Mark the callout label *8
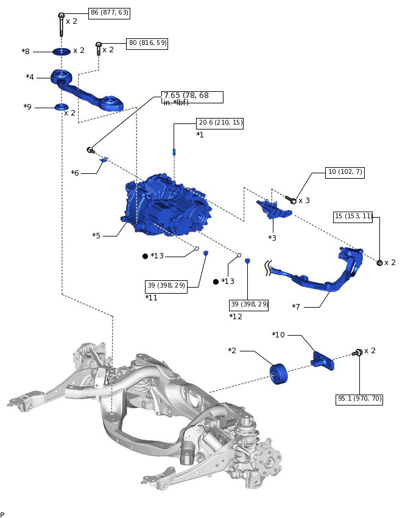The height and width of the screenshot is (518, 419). point(26,52)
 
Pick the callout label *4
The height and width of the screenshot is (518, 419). point(30,77)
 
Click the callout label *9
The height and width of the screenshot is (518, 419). point(27,107)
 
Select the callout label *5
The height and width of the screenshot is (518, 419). point(96,235)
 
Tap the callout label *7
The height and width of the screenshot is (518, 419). point(296,306)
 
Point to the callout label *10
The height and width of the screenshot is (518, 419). point(278,334)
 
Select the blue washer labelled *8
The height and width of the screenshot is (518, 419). point(62,52)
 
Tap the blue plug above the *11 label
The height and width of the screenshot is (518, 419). point(206,253)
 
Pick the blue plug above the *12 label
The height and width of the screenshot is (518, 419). point(248,261)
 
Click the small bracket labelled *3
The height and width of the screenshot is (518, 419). point(274,209)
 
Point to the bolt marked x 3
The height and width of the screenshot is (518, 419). point(290,199)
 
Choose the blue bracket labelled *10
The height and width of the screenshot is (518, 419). point(322,361)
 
